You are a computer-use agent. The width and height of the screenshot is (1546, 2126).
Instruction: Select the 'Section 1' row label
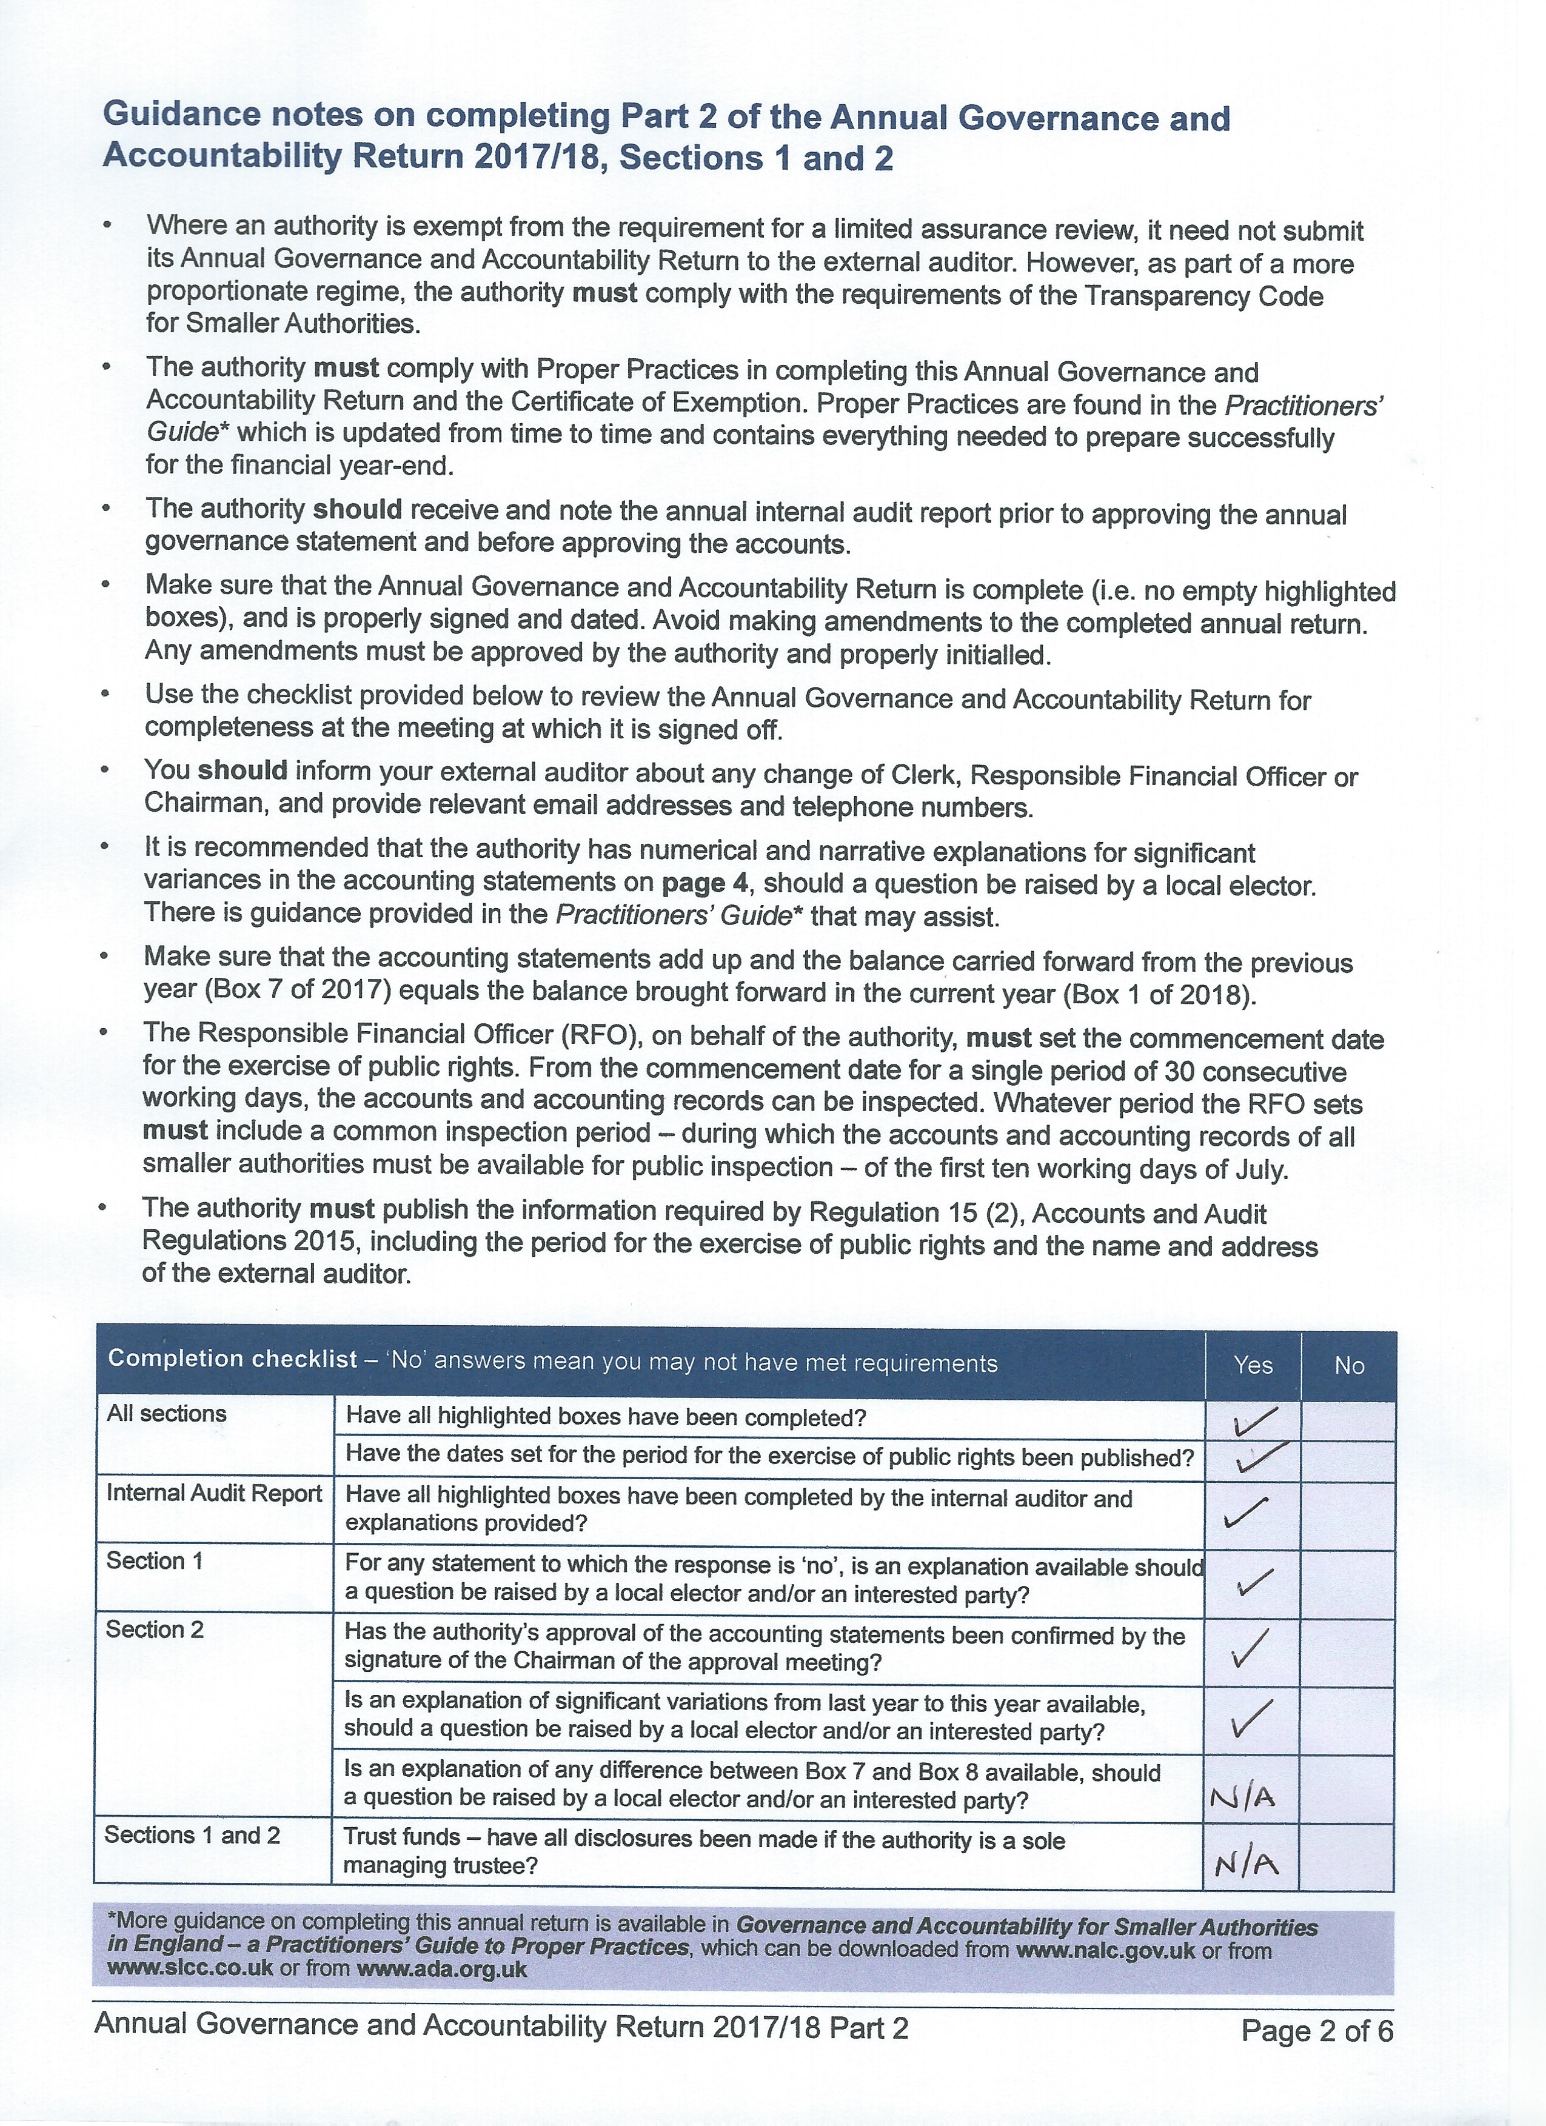click(x=155, y=1561)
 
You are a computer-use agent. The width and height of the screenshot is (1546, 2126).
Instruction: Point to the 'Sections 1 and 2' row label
click(x=192, y=1834)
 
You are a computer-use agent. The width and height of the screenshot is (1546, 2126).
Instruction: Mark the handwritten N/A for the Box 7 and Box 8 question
click(x=1243, y=1797)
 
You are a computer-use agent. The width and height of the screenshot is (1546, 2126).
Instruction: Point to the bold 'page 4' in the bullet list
click(x=706, y=883)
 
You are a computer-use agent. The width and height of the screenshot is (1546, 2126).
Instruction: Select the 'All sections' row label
click(x=167, y=1414)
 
